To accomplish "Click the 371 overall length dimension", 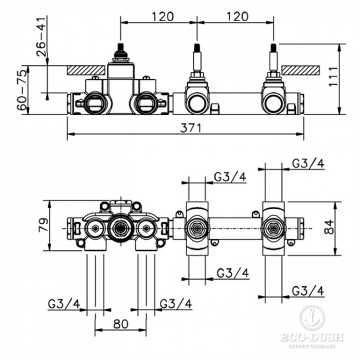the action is pos(191,128).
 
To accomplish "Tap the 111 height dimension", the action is pos(333,76).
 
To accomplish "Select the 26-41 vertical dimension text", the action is pos(42,37).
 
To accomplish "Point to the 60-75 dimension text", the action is pos(23,90).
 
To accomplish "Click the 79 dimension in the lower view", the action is pos(43,225).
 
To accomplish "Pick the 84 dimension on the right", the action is pos(329,227).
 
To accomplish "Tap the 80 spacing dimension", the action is pos(121,324).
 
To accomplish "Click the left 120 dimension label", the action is pos(163,17).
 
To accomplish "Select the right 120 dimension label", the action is pos(238,17).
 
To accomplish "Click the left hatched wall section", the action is pos(86,70).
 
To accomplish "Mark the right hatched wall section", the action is pos(301,70).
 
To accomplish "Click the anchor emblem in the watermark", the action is pos(312,318).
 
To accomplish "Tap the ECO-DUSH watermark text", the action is pos(312,337).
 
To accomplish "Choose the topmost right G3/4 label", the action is pos(308,163).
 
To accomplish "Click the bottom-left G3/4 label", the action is pos(64,304).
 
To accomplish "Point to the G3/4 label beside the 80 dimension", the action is pos(176,304).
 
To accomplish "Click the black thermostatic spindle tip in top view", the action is pos(121,47).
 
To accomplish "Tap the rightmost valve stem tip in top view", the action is pos(274,47).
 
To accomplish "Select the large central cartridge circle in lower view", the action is pos(120,228).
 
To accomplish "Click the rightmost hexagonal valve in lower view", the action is pos(273,229).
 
